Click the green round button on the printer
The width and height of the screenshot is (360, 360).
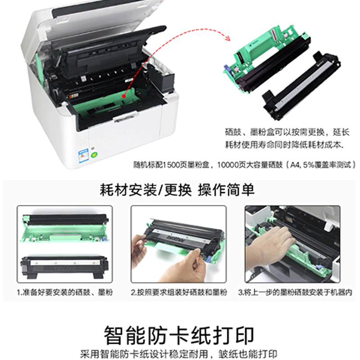point(94,155)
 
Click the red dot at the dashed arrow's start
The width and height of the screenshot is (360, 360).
point(124,96)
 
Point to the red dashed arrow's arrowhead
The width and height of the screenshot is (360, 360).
point(227,37)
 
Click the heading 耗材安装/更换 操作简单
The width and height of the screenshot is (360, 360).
point(177,190)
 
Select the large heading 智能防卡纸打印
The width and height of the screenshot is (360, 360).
point(179,335)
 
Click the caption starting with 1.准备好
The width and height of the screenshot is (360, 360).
point(65,292)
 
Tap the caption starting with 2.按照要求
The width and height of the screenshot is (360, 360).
point(179,292)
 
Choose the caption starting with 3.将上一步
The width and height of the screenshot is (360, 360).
point(295,292)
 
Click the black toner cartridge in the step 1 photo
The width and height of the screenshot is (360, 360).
point(64,267)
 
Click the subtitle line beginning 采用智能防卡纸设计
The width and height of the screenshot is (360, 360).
point(179,354)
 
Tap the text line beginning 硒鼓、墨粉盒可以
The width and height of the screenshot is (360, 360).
point(287,132)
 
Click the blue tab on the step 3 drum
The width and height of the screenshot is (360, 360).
point(318,267)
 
